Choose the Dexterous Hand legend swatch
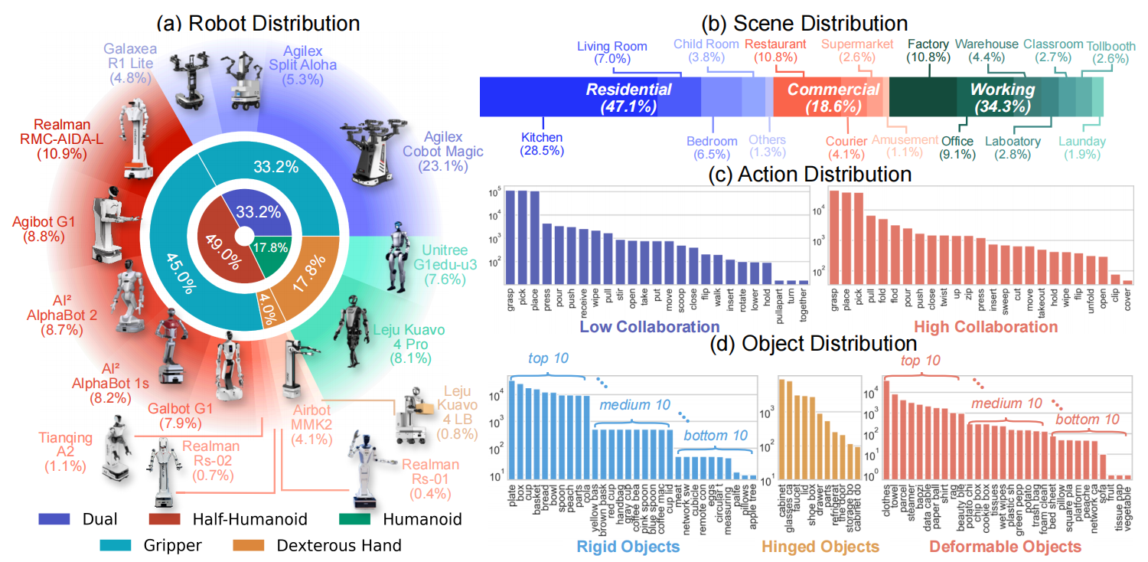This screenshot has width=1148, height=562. coord(242,545)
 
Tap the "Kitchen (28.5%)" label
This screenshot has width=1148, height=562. coord(542,144)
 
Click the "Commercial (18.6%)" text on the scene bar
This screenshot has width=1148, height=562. coord(833,98)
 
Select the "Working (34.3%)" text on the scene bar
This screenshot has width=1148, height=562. coord(1002,98)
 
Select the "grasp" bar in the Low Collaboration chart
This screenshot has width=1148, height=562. coord(510,237)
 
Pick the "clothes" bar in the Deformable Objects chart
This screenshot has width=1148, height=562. coord(887,430)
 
